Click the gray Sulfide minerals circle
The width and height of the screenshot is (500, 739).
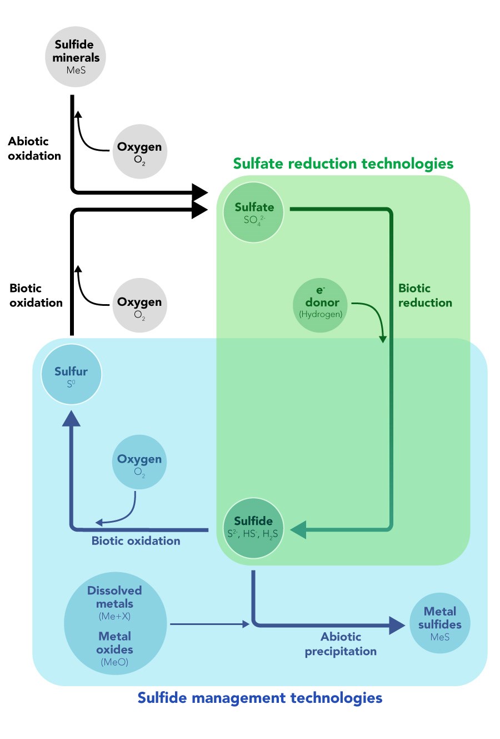tap(76, 57)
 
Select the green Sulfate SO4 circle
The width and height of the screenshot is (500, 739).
tap(253, 212)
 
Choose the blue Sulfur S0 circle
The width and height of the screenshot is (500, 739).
tap(72, 375)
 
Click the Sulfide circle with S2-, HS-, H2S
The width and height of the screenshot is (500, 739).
tap(253, 528)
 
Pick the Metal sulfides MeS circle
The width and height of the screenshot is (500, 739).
tap(439, 623)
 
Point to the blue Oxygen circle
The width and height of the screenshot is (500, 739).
tap(139, 462)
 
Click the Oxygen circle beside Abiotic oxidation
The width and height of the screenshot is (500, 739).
tap(139, 151)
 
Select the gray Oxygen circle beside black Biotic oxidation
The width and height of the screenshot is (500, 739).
tap(139, 305)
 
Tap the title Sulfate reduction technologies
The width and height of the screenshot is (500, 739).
tap(343, 163)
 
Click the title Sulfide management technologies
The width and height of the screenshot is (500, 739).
tap(259, 698)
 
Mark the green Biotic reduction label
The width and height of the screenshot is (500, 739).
tap(424, 295)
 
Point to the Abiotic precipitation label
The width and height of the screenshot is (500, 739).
tap(341, 644)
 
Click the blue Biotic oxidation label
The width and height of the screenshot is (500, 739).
tap(136, 541)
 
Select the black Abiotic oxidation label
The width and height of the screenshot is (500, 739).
tap(34, 148)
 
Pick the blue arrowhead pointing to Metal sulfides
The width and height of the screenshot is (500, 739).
tap(397, 626)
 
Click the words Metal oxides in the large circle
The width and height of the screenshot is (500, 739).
tap(114, 643)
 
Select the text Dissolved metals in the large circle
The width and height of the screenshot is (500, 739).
tap(114, 597)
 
